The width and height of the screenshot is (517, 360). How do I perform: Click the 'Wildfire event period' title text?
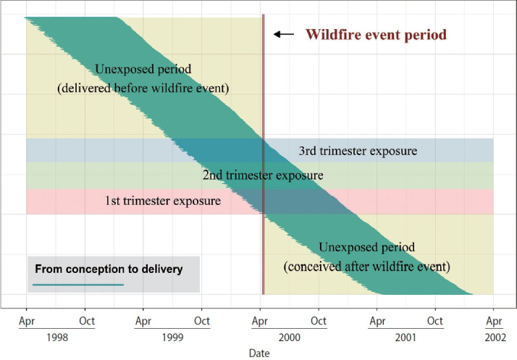coord(376,34)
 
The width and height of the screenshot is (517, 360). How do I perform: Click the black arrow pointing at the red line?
coord(284,34)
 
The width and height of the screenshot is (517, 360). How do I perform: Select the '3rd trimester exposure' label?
coord(358,151)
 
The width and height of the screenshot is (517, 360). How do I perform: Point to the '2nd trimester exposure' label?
coord(262,175)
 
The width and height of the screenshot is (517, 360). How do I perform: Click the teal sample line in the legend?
coord(80,285)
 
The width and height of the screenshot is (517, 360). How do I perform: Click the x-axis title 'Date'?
coord(259,353)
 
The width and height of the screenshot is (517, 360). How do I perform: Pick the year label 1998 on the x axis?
coord(56,337)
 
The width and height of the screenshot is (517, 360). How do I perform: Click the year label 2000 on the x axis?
coord(290,337)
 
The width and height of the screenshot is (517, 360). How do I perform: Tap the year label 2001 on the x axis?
coord(406,337)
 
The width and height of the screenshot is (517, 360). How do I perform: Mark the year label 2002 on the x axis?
coord(494,337)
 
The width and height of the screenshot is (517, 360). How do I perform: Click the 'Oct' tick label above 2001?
coord(435,320)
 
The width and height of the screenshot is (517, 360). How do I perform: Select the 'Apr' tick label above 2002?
coord(494,320)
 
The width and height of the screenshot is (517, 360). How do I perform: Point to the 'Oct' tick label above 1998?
coord(86,320)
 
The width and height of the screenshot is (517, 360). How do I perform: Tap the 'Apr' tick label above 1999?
coord(143,320)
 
